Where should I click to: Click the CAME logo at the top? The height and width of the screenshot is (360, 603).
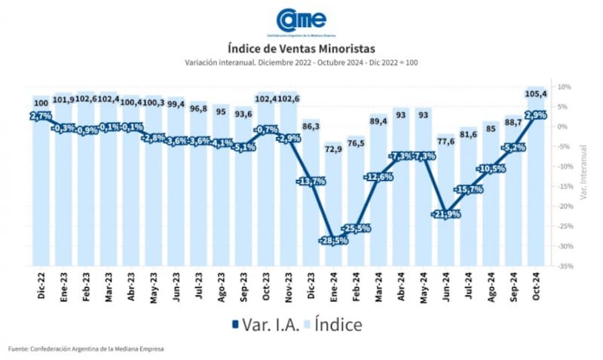click(301, 20)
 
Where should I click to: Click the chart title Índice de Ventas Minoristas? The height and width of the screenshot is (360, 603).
click(301, 49)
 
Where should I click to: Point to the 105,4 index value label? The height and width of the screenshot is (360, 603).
click(536, 93)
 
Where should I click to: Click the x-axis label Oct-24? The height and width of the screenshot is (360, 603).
click(537, 285)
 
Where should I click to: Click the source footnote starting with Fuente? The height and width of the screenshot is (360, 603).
click(87, 349)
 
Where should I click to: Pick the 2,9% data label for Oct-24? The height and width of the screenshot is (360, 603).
click(536, 115)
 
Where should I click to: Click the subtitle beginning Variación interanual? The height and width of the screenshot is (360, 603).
click(301, 63)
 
